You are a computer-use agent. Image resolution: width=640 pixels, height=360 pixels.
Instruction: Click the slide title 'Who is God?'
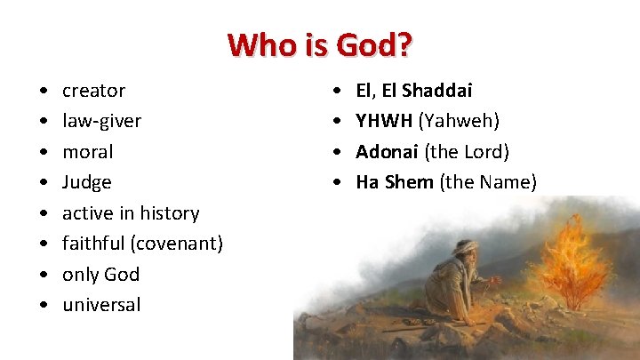[x=320, y=44]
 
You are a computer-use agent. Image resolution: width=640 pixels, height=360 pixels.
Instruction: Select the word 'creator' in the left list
[x=93, y=91]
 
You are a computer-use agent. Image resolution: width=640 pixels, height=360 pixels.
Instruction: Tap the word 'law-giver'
[x=101, y=121]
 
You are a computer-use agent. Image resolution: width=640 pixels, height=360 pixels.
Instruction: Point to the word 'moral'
[x=87, y=152]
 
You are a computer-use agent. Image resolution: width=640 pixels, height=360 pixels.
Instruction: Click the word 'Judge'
[x=86, y=182]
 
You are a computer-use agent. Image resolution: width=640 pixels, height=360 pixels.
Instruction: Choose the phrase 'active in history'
[x=130, y=213]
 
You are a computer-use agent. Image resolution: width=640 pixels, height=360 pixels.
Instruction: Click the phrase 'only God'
[x=100, y=274]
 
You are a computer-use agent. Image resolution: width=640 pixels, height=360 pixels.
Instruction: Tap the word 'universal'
[x=101, y=305]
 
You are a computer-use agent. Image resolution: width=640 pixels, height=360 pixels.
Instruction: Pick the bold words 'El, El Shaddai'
[x=413, y=91]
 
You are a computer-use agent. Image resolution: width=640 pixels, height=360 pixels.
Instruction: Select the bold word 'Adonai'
[x=388, y=152]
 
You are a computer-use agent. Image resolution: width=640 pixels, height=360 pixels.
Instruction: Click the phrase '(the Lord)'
[x=467, y=152]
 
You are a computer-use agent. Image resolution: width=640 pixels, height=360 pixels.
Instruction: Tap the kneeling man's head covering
[x=464, y=247]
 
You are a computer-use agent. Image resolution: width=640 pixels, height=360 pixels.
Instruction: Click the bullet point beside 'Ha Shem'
[x=337, y=183]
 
